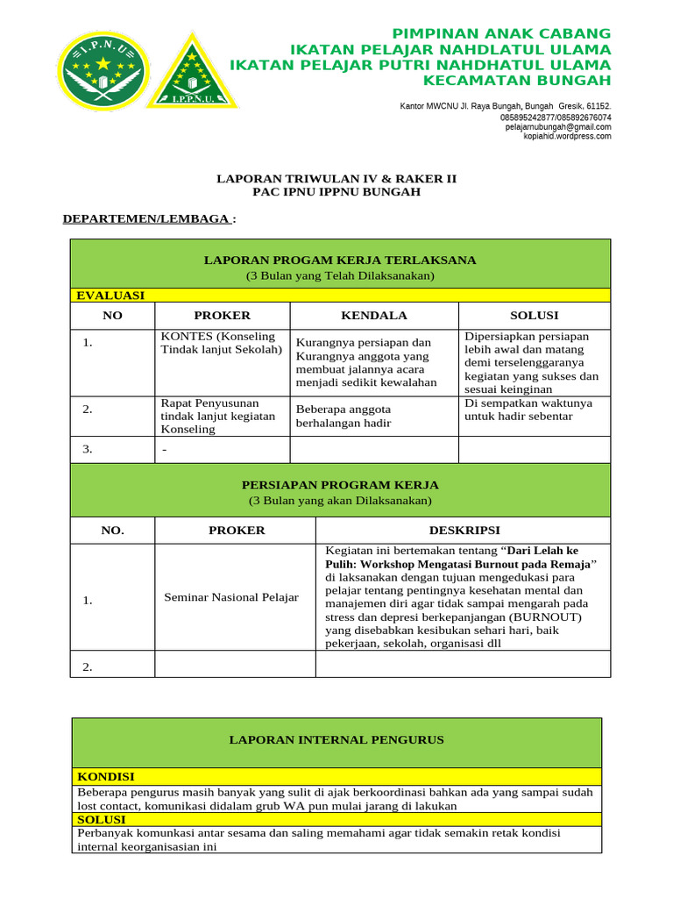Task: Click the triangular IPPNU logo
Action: click(191, 74)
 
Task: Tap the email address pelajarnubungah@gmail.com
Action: click(558, 127)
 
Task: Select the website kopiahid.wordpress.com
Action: click(567, 136)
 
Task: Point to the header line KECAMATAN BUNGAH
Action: click(517, 81)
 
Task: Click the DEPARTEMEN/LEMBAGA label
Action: click(146, 218)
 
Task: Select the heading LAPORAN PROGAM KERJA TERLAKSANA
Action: click(340, 260)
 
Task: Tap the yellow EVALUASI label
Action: click(110, 296)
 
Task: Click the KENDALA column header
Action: click(374, 316)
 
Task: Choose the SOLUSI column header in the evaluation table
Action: click(535, 316)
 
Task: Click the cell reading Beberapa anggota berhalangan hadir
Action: click(344, 417)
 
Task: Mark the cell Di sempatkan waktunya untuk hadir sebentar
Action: click(528, 410)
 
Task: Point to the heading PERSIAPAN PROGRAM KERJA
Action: click(340, 484)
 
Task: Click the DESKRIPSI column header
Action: click(464, 531)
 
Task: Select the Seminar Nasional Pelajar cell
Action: click(231, 597)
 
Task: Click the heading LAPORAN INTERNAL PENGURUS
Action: click(336, 740)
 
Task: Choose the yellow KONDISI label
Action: click(106, 777)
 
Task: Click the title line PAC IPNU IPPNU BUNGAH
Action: click(336, 192)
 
